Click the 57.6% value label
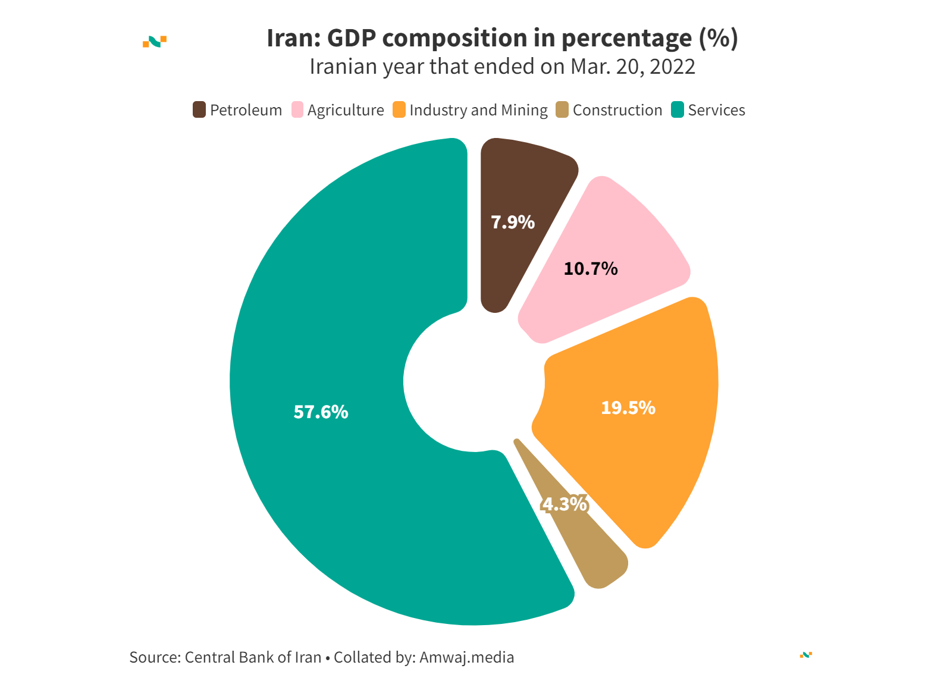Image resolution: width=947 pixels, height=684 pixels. click(x=321, y=412)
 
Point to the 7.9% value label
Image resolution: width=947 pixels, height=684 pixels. click(x=512, y=222)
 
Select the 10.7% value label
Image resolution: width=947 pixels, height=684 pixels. click(x=590, y=269)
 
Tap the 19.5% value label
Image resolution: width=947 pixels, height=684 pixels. click(x=628, y=408)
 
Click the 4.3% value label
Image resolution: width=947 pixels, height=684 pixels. click(x=564, y=504)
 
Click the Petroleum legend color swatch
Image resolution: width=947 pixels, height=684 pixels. click(x=199, y=110)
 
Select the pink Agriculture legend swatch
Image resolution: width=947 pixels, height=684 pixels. click(x=297, y=110)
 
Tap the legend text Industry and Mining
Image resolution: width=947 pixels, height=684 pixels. click(x=478, y=110)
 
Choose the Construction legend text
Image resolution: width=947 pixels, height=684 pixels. click(x=617, y=110)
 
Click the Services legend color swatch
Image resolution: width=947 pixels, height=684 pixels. click(x=678, y=110)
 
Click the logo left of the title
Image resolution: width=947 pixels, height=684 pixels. click(x=155, y=41)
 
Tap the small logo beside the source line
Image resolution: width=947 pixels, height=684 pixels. click(x=806, y=655)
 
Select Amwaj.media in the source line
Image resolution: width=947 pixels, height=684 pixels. click(x=466, y=657)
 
